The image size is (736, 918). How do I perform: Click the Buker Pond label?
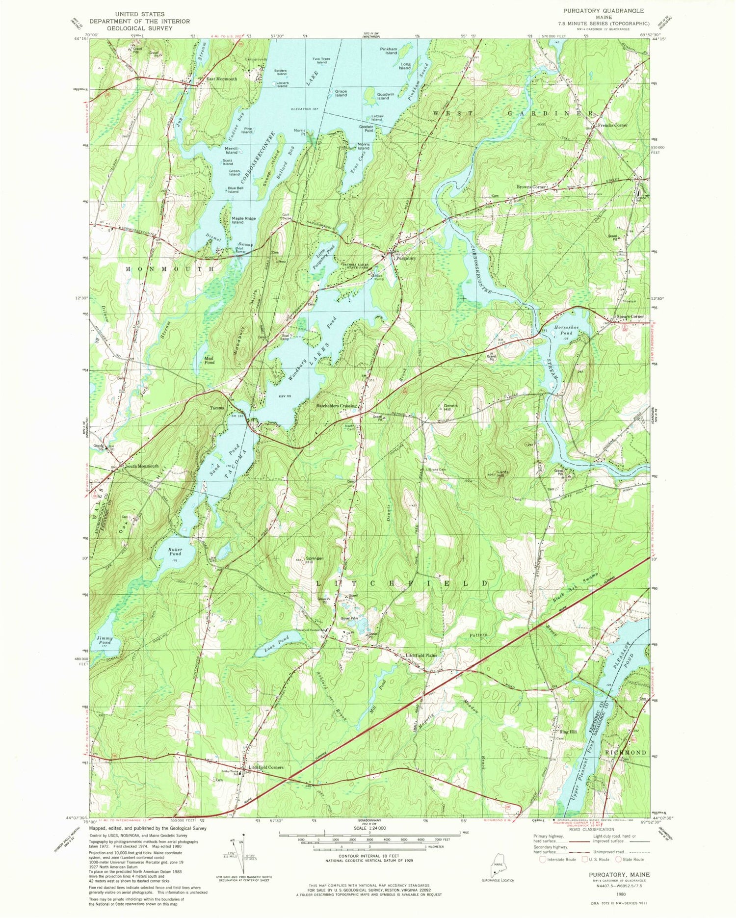pos(175,552)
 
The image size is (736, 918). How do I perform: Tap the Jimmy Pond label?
pos(105,641)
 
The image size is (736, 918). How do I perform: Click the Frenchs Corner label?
pos(612,126)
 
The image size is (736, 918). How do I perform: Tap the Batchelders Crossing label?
pos(336,406)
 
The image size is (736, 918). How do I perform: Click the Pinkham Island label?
pos(388,51)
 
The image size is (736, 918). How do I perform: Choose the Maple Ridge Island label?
pos(237,220)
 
